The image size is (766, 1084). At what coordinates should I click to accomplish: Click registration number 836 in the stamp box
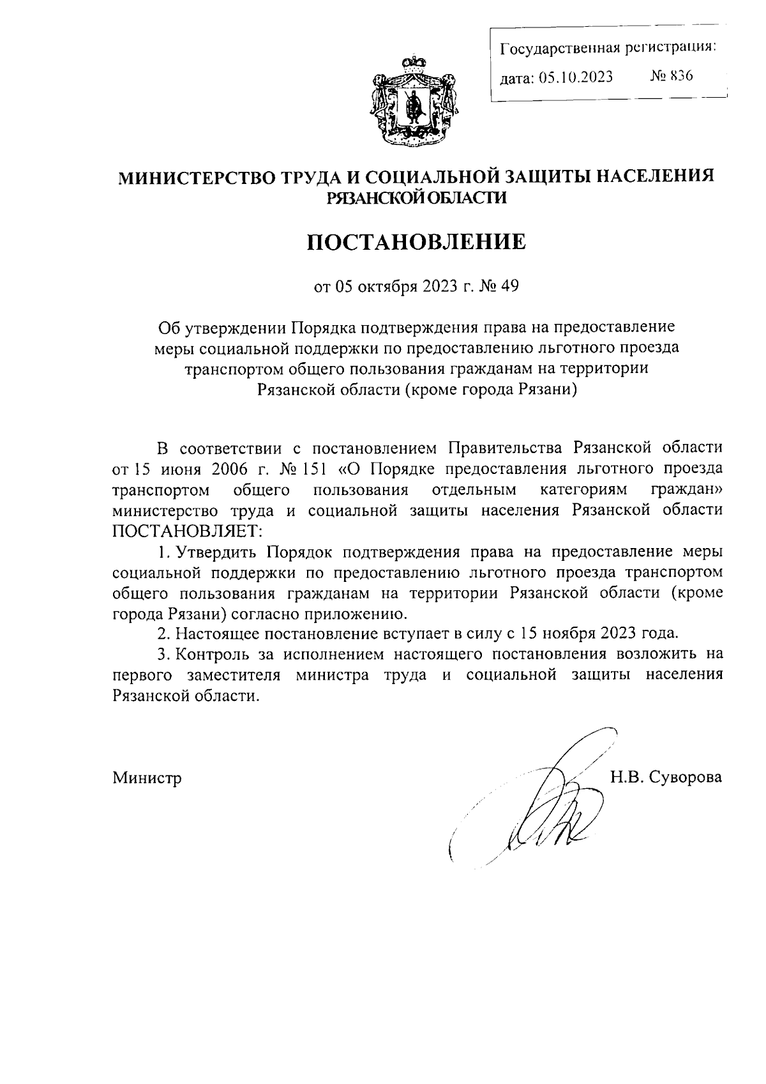point(680,76)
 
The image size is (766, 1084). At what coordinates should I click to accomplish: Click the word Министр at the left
point(147,778)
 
